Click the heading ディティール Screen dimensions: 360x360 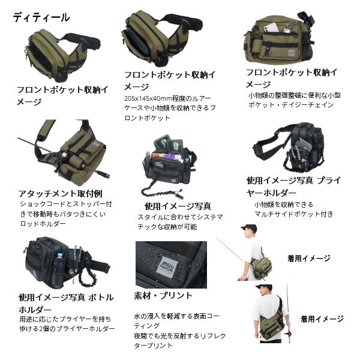41,17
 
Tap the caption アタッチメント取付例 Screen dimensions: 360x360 61,194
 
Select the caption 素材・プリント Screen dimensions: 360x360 163,295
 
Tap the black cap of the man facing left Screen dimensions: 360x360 248,229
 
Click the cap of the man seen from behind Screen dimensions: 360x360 263,287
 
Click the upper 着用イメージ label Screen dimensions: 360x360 308,259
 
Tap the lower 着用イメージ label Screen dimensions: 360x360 322,319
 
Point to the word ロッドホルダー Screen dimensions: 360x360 43,223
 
